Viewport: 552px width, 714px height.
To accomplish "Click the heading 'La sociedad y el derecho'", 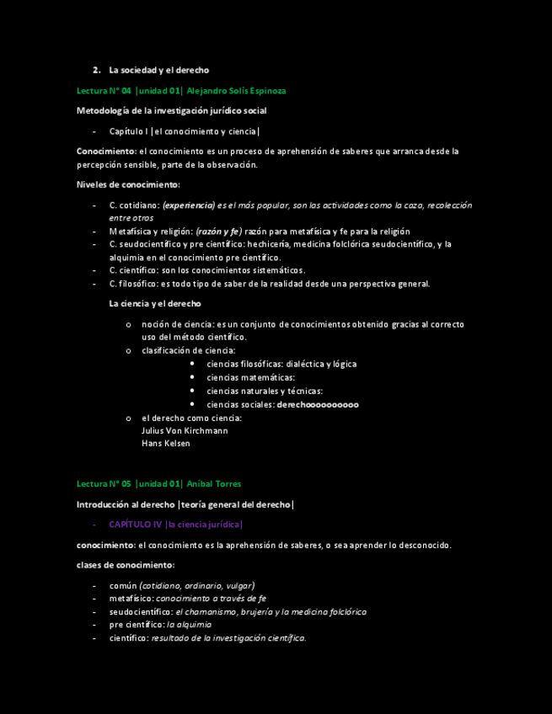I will point(158,70).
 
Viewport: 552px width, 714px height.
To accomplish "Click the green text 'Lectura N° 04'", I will point(104,90).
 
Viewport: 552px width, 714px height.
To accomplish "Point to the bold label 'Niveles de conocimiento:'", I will point(128,184).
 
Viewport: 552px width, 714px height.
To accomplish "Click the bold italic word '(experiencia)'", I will point(188,205).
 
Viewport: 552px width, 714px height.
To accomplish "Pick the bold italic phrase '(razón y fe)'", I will point(218,232).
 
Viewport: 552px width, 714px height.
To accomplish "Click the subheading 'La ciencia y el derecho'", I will point(155,303).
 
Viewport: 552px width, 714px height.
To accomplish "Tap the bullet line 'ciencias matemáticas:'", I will point(250,377).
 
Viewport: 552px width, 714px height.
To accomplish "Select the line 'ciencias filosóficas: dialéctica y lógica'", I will point(281,364).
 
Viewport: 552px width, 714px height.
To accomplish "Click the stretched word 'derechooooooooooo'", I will point(318,404).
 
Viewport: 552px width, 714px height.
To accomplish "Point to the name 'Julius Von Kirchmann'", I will point(185,430).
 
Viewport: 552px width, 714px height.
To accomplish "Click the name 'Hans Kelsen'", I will point(166,443).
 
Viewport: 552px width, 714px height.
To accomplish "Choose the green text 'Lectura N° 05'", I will point(104,484).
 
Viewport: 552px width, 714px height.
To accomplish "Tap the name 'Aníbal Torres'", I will point(214,484).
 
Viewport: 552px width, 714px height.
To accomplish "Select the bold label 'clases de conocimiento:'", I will point(126,565).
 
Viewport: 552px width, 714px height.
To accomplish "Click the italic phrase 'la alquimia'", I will point(190,625).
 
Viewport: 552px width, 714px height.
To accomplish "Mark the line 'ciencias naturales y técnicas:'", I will point(265,391).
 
